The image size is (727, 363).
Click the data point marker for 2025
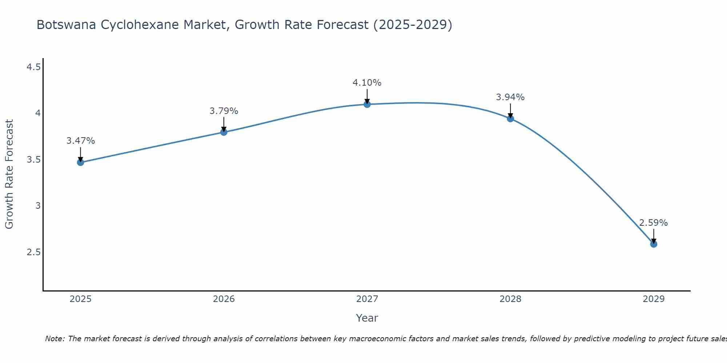point(80,162)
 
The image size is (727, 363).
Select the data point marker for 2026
point(224,132)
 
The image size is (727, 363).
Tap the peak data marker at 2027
point(367,105)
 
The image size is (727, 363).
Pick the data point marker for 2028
point(510,118)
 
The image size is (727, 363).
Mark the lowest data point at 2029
point(654,244)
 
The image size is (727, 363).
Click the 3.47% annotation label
point(80,141)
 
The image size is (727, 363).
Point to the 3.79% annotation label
point(224,111)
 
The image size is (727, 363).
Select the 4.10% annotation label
point(367,83)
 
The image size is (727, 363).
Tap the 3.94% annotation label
point(510,97)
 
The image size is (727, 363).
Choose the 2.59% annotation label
point(654,223)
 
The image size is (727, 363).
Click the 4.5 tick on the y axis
point(33,67)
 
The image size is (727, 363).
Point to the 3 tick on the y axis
point(38,206)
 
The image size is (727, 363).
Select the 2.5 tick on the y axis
point(33,252)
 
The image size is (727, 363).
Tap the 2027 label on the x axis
point(367,299)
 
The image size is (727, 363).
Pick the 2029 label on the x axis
point(654,299)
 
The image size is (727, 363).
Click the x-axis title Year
point(367,318)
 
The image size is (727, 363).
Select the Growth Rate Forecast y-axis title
point(9,174)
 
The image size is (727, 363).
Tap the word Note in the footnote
point(54,339)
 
